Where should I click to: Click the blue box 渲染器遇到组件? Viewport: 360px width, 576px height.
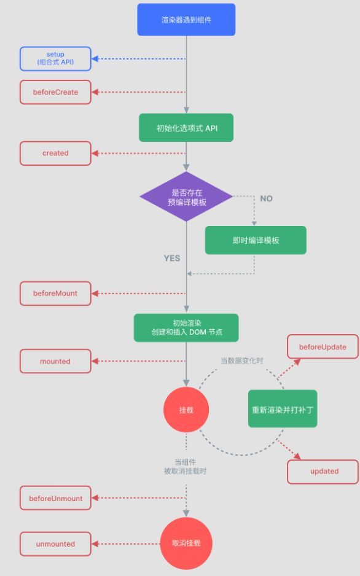click(186, 20)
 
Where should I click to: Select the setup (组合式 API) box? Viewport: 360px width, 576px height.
click(55, 58)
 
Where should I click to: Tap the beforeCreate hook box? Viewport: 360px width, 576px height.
click(55, 92)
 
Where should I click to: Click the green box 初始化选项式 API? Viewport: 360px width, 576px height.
click(186, 128)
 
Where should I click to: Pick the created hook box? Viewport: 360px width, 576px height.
click(55, 153)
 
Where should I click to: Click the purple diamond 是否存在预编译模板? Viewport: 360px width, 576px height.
click(186, 197)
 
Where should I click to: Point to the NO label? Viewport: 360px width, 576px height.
click(267, 198)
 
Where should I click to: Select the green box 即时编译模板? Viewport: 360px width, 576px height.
click(256, 240)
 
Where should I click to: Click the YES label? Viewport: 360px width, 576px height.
click(172, 259)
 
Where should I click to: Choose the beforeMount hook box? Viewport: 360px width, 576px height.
click(55, 294)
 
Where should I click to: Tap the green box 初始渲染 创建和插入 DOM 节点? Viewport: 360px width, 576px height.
click(186, 328)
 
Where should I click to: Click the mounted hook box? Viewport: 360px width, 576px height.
click(55, 361)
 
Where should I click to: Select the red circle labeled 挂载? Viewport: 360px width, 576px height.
click(186, 410)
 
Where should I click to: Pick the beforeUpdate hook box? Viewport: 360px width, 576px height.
click(323, 346)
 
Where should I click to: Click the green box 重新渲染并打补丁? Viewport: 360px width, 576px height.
click(283, 409)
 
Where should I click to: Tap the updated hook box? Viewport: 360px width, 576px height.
click(323, 472)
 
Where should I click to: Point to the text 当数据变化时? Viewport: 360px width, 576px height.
click(241, 360)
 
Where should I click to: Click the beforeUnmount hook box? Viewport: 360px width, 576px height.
click(55, 498)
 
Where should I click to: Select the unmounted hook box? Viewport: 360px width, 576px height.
click(55, 543)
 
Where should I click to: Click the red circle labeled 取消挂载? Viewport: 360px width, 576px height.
click(186, 543)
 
